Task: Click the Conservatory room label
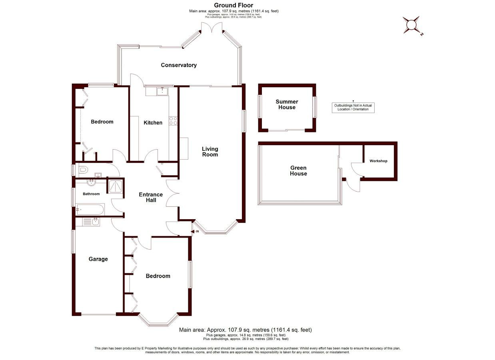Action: pos(179,65)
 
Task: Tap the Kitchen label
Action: pos(153,122)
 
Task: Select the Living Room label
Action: pos(210,152)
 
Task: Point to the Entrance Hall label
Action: pos(151,197)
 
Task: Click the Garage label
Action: pos(98,259)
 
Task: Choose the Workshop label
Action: pos(378,161)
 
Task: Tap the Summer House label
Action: pos(287,104)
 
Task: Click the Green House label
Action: pos(298,171)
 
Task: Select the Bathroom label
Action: pos(91,194)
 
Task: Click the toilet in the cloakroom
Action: pos(82,170)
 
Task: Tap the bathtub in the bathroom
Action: pos(90,210)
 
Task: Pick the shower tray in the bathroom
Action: pos(115,186)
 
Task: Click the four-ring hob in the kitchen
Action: pos(173,121)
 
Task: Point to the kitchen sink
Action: pos(162,91)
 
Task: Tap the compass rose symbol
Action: pos(411,25)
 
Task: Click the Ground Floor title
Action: pos(234,5)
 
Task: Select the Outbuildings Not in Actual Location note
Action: pos(353,107)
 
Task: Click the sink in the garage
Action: pos(96,222)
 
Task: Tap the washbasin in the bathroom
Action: pos(91,183)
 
